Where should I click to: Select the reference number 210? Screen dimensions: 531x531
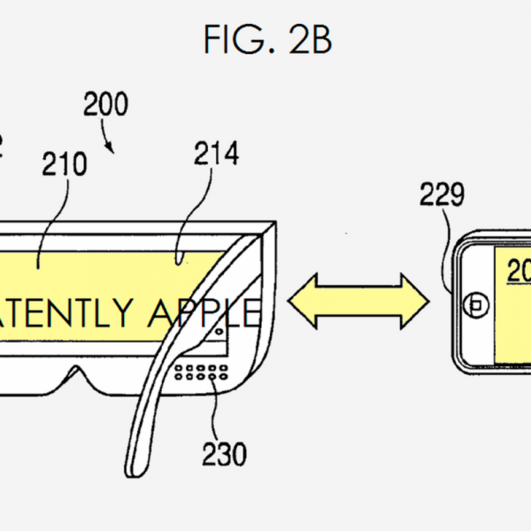pyautogui.click(x=64, y=165)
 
